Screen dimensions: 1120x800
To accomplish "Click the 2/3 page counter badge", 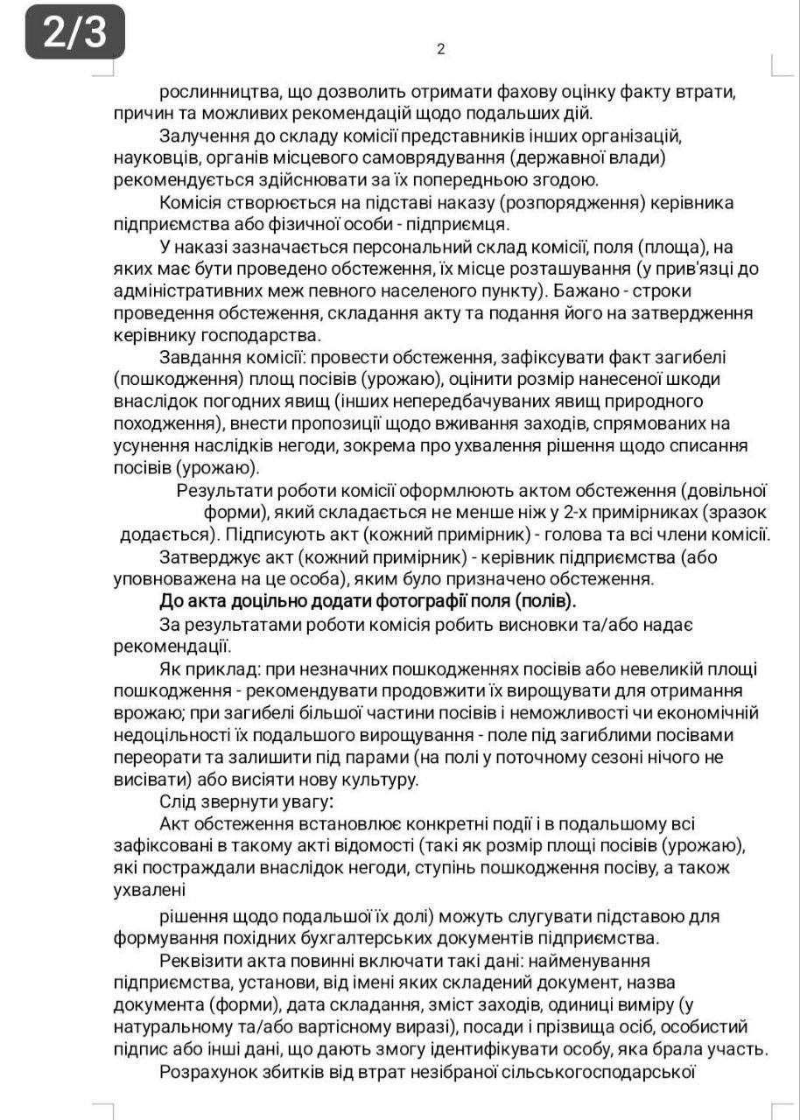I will pyautogui.click(x=74, y=32).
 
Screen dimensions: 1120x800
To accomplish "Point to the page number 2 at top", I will pyautogui.click(x=441, y=49).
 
